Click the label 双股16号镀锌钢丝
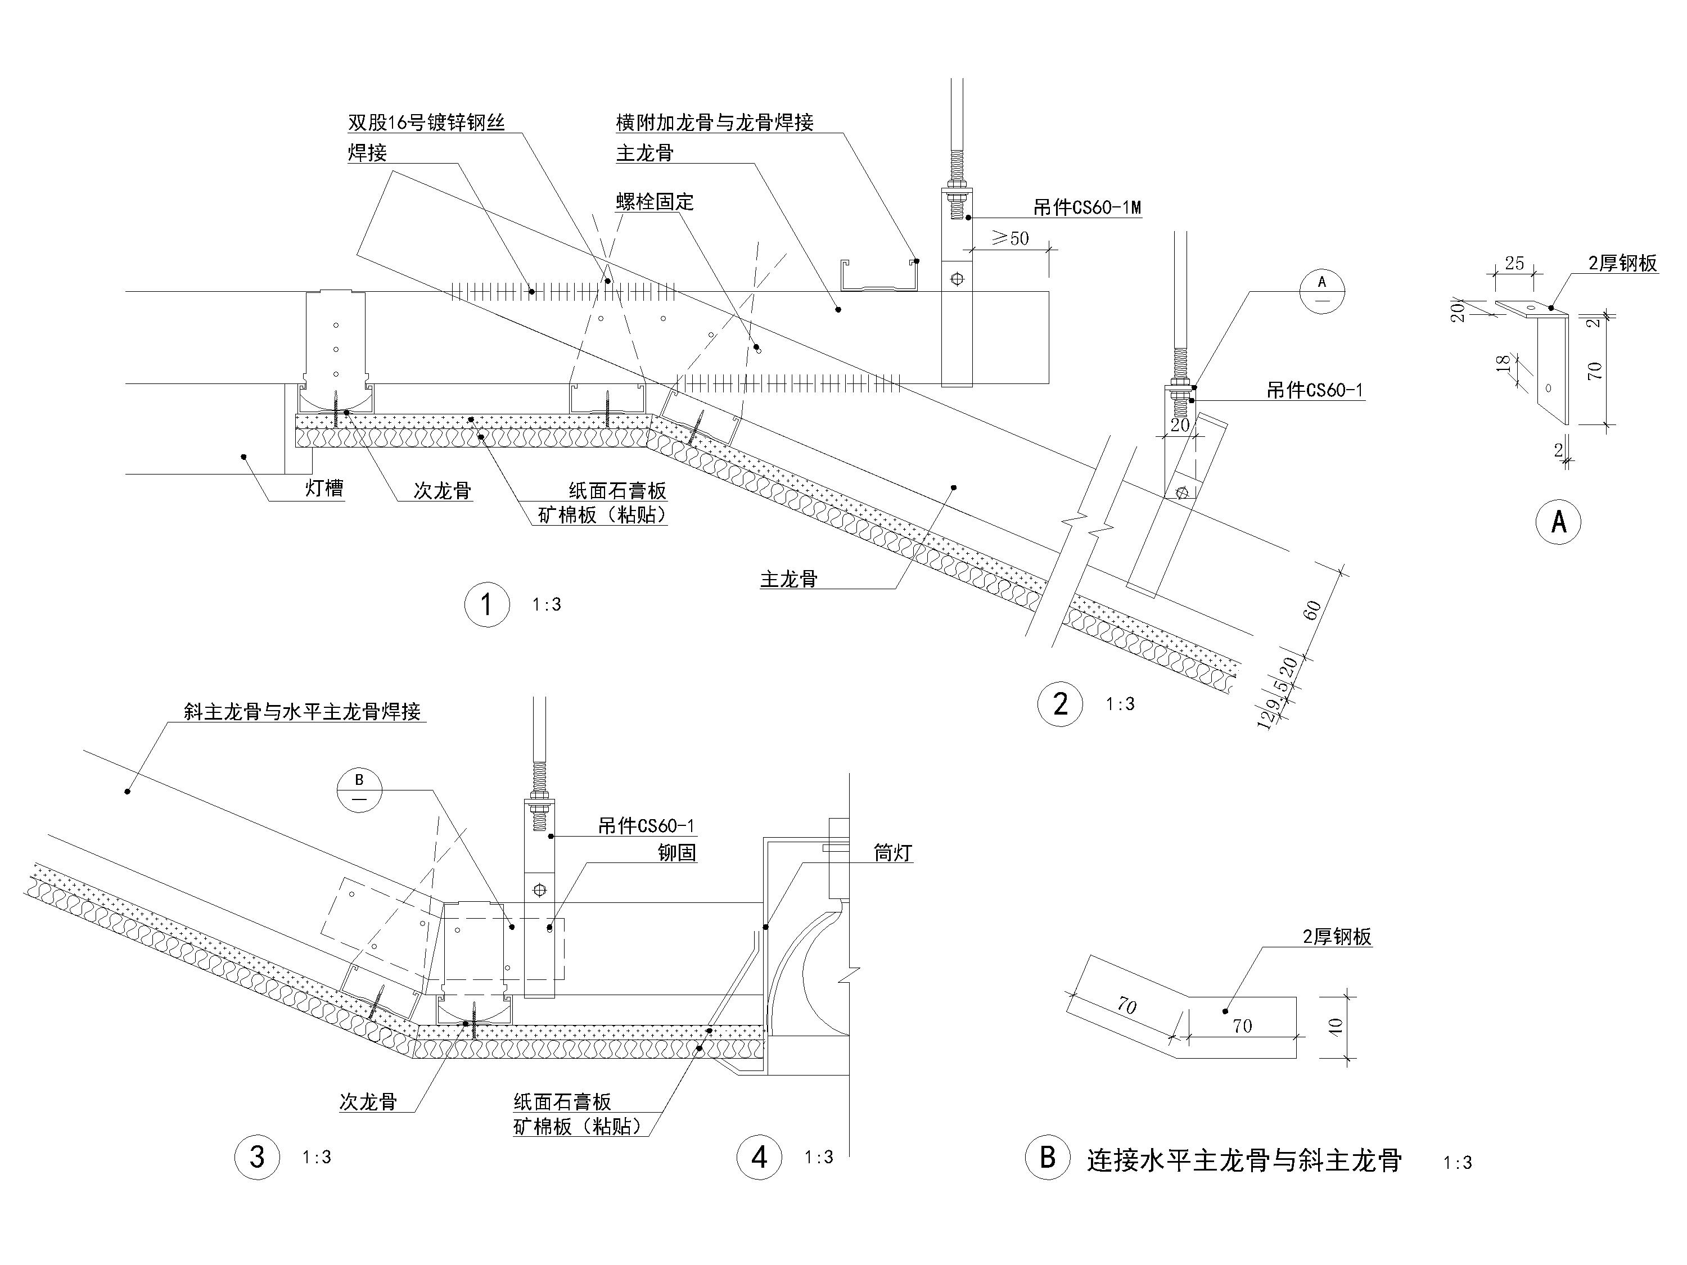[426, 123]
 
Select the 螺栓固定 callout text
[655, 202]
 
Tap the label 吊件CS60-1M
[1087, 207]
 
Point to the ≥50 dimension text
[1010, 239]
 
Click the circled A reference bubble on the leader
[1321, 291]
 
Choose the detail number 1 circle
[486, 604]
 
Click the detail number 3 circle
[257, 1156]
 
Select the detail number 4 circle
[759, 1156]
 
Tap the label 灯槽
[324, 488]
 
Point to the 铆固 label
[677, 852]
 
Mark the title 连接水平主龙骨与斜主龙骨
[1244, 1160]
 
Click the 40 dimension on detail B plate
[1334, 1025]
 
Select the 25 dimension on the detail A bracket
[1514, 263]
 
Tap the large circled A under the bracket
[1559, 522]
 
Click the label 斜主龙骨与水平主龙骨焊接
[302, 711]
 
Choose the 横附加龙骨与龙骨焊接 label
[715, 123]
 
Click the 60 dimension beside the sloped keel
[1312, 610]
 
